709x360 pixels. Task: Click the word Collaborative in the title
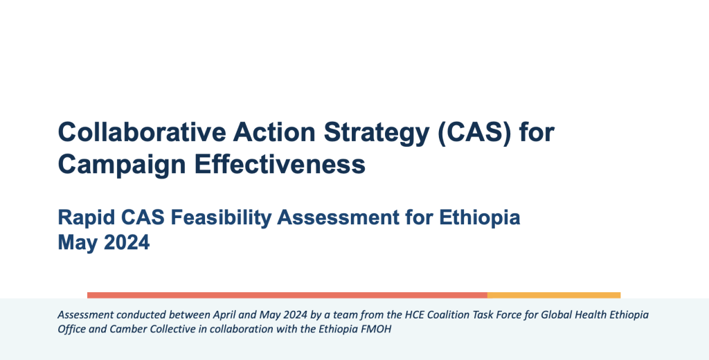click(142, 132)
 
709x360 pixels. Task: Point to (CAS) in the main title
click(474, 133)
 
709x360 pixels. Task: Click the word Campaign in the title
click(122, 165)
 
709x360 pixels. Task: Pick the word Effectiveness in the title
click(280, 163)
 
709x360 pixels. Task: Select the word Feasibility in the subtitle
click(221, 218)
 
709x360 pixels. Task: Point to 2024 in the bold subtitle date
click(127, 242)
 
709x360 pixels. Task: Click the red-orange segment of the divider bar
click(287, 296)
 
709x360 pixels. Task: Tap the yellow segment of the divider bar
click(554, 296)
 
